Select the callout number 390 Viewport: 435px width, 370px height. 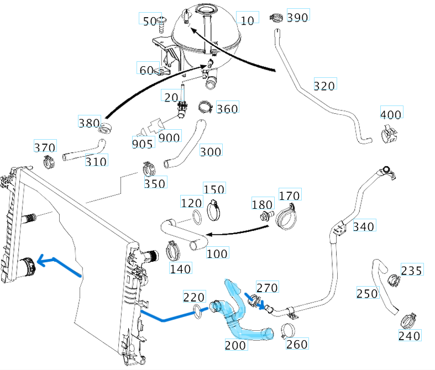[x=298, y=17]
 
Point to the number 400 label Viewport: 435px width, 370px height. [x=391, y=114]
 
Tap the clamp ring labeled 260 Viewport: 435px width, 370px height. [x=287, y=331]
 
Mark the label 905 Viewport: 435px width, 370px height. [x=142, y=143]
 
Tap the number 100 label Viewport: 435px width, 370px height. [x=217, y=253]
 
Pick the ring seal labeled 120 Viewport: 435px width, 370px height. [x=196, y=215]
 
